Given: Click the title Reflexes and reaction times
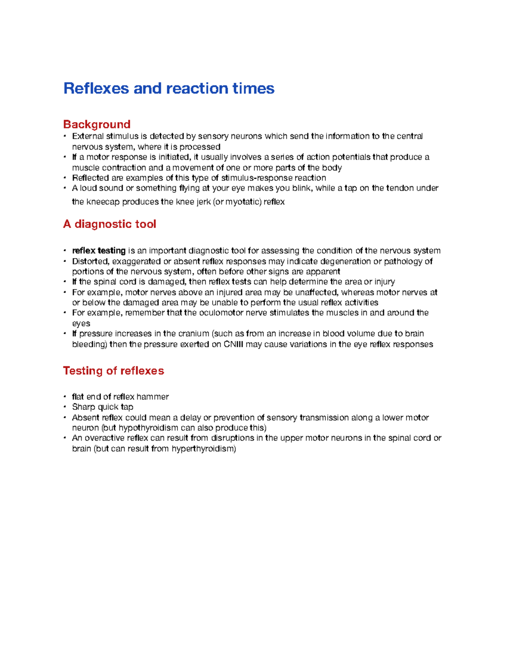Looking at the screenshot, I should click(x=169, y=88).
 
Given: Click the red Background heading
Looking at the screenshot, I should click(x=96, y=124).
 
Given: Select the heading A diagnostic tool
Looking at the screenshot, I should click(x=109, y=224).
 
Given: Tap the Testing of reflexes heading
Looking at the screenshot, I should click(x=113, y=370).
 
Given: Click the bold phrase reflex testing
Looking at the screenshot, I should click(x=99, y=250).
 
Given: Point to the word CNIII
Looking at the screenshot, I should click(x=233, y=344).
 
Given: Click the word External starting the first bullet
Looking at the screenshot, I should click(x=87, y=136).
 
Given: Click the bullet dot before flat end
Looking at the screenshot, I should click(x=65, y=397).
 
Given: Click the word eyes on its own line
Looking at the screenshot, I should click(x=81, y=324).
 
